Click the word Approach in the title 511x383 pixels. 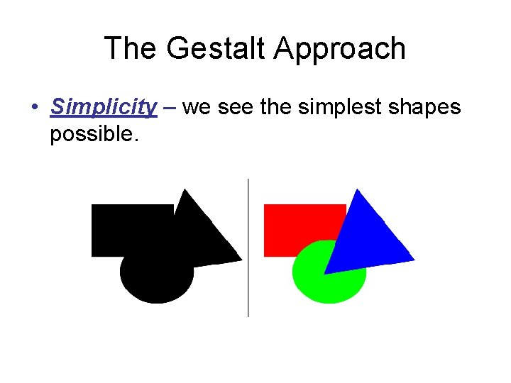[x=340, y=49]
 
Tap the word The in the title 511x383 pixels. [x=129, y=49]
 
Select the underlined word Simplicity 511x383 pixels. [x=104, y=107]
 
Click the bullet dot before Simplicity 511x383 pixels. [x=34, y=109]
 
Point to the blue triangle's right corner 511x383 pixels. [x=413, y=258]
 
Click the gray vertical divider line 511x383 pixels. [x=248, y=248]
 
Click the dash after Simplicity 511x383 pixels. [x=170, y=108]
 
